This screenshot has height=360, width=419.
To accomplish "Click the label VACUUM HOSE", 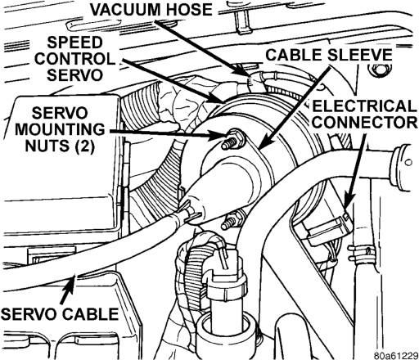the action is (x=151, y=10).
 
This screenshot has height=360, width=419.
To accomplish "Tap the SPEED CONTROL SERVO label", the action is (x=74, y=59).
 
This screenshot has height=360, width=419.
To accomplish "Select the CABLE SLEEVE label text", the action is (x=329, y=55).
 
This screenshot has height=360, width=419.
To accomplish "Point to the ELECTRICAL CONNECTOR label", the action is (x=364, y=114).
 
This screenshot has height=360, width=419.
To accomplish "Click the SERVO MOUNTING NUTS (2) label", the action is (x=60, y=129).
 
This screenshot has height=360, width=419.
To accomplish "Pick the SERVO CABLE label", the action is (x=60, y=313).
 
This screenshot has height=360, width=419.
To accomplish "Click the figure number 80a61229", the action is (x=395, y=355).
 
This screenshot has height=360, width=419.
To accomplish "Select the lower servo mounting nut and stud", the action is (x=232, y=220).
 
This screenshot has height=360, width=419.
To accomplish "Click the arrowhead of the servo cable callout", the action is (x=71, y=282).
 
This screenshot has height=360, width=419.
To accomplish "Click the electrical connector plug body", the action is (x=330, y=229).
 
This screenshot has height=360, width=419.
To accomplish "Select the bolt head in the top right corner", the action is (x=379, y=71).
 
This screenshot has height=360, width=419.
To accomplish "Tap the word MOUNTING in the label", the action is (x=60, y=129).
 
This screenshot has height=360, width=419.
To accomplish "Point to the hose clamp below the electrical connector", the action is (x=360, y=254).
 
